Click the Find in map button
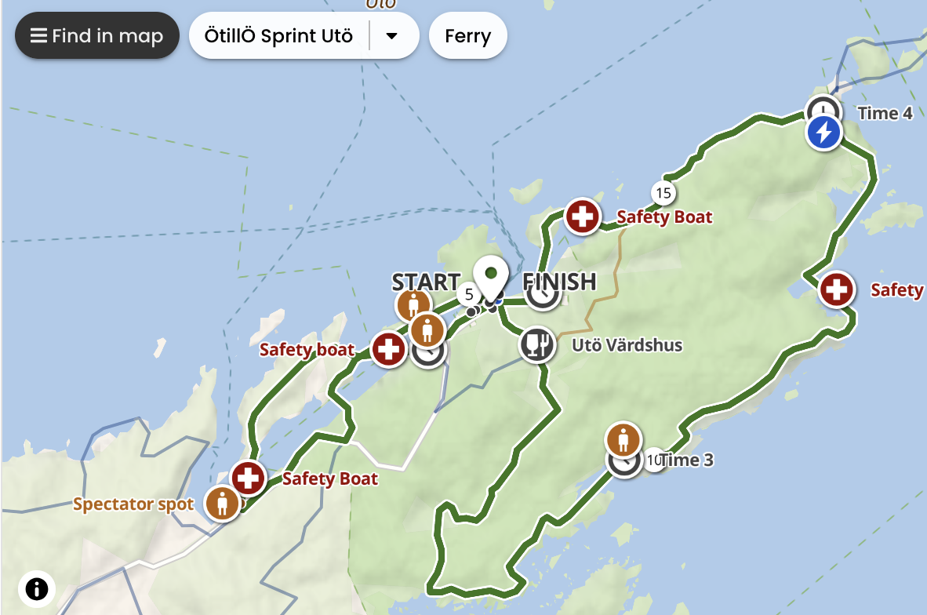pos(96,36)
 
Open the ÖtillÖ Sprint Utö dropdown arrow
pos(392,36)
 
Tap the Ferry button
pos(467,36)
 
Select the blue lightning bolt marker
pos(823,133)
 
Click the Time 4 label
pos(885,113)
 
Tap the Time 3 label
pos(686,460)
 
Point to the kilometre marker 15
pos(663,192)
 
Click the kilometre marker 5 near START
pos(469,294)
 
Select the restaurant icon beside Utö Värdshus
pos(537,344)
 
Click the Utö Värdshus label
pos(627,345)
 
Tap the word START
pos(426,282)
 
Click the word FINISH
pos(559,281)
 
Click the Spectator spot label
pos(133,504)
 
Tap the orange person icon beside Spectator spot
pos(222,503)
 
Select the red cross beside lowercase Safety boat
pos(388,349)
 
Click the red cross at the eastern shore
pos(836,290)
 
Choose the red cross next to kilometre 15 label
pos(582,217)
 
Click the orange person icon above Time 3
pos(623,439)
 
